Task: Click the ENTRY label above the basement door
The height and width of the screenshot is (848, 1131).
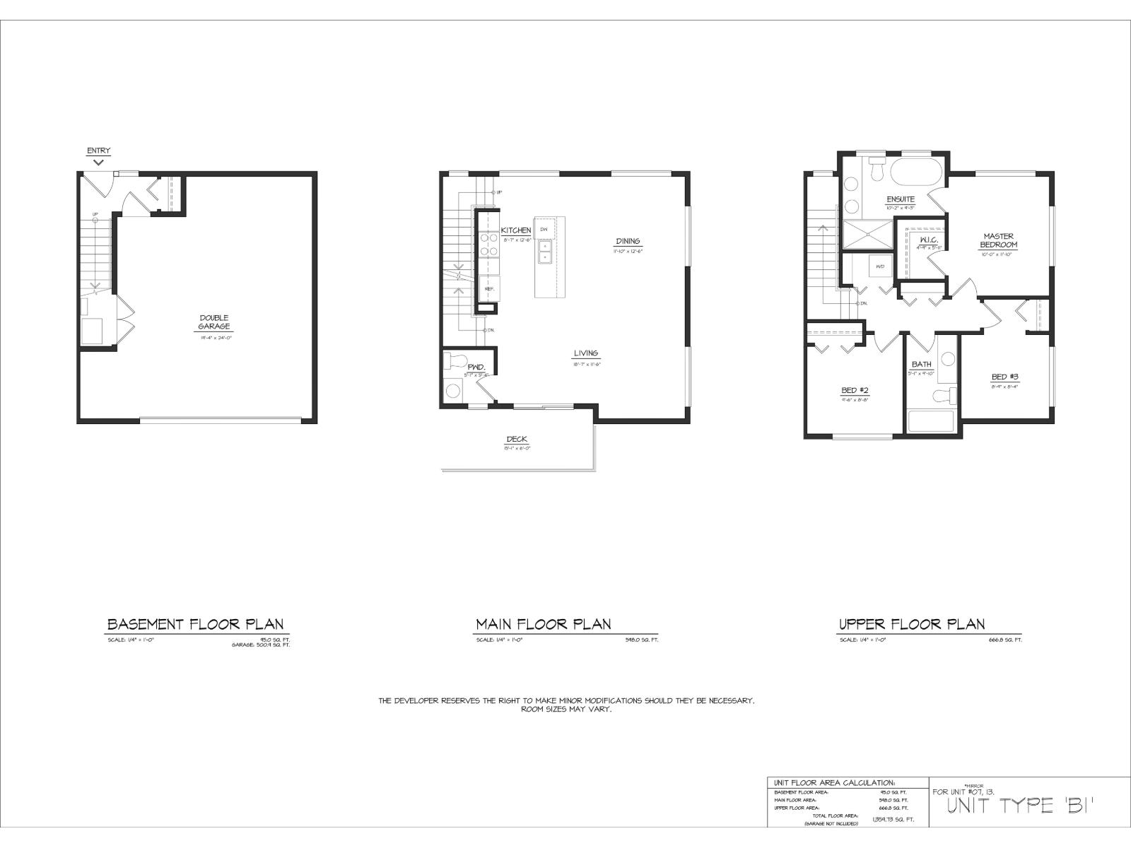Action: click(98, 151)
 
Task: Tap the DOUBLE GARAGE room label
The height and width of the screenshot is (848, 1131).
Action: click(214, 322)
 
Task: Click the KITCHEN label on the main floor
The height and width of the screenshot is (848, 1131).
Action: click(516, 231)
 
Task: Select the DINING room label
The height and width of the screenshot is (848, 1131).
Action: click(628, 242)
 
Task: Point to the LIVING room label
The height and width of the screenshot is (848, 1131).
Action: click(585, 353)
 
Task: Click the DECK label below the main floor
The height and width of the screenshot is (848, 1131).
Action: click(517, 440)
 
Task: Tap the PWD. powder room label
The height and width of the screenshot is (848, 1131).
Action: click(476, 367)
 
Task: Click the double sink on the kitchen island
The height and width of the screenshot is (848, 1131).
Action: click(545, 251)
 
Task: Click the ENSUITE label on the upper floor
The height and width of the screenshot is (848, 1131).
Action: click(901, 200)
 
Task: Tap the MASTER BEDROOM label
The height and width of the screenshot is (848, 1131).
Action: click(998, 240)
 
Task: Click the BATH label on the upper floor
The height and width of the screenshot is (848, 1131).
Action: click(921, 365)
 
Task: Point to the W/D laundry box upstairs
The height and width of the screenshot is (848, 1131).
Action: click(880, 266)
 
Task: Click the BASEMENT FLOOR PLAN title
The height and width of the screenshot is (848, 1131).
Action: click(195, 624)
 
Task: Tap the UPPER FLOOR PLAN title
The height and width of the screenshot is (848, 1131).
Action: click(911, 624)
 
